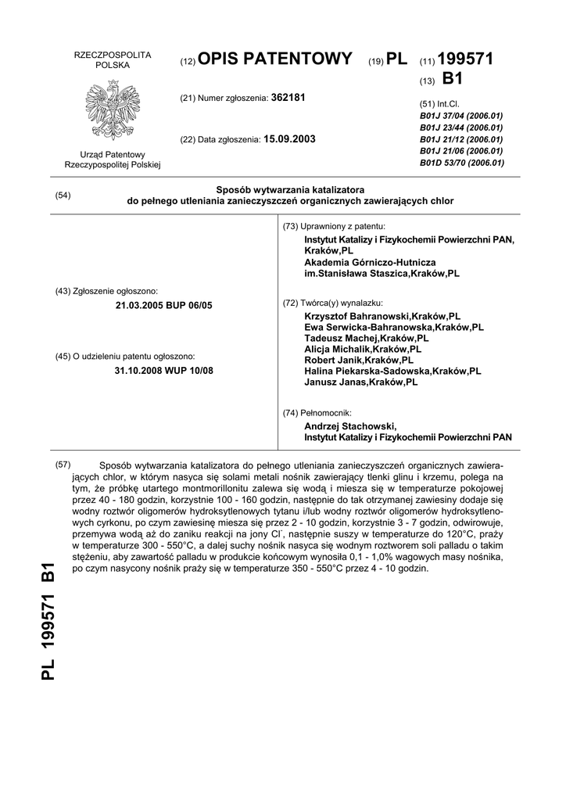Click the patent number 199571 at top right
click(x=466, y=59)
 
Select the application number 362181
click(x=288, y=98)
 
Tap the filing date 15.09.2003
click(x=289, y=139)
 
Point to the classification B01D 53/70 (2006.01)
click(x=461, y=163)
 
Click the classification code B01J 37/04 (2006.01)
click(x=461, y=116)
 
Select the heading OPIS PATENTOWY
click(x=276, y=59)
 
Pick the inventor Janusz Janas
click(x=361, y=383)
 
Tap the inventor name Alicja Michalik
click(x=363, y=350)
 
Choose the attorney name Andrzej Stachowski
click(x=350, y=426)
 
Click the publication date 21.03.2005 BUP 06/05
click(x=163, y=305)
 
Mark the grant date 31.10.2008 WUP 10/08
click(x=163, y=370)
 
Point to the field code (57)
click(x=63, y=465)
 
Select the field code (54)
click(x=63, y=196)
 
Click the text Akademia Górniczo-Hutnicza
click(x=370, y=263)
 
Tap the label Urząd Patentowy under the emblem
click(x=112, y=155)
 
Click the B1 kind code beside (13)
click(x=453, y=79)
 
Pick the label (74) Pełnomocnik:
click(x=317, y=412)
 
